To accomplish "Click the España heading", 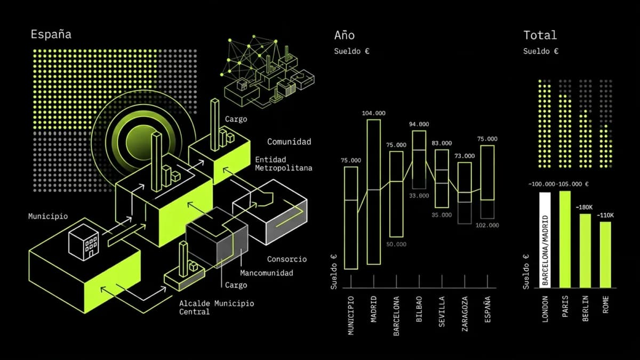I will point(51,35).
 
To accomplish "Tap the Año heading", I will point(344,35).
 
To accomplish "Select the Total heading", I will point(540,35).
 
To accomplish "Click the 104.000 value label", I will point(373,113).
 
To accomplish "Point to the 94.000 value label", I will point(419,124).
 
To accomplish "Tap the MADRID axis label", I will point(374,309).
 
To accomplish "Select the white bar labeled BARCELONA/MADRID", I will point(545,240).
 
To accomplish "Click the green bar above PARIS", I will point(565,239).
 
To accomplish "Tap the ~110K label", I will point(605,215).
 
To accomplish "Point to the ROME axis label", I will point(605,304).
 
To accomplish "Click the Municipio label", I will point(48,217).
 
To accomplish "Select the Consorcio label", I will point(286,259).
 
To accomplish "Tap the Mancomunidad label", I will point(266,273).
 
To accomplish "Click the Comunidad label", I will point(289,142).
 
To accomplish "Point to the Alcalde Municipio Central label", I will point(216,307).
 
